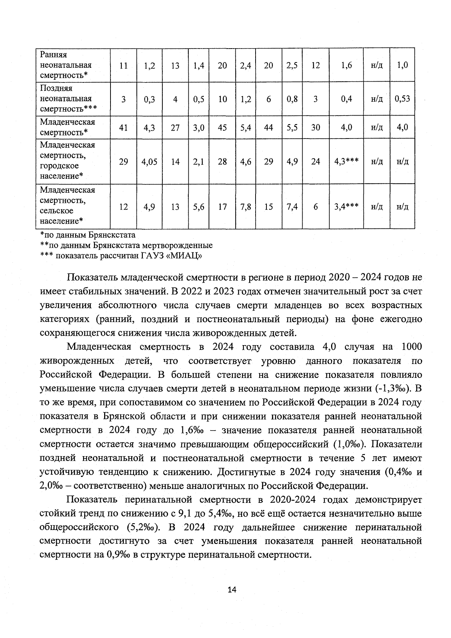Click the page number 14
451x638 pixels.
232,590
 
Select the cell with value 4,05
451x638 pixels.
149,162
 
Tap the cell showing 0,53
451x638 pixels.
402,99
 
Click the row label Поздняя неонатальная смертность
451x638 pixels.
68,99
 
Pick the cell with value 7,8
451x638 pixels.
245,207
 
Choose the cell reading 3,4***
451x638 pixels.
346,207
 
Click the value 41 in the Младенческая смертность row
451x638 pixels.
123,128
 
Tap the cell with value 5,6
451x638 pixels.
198,207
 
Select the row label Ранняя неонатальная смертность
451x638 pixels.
66,65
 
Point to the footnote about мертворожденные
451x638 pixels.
126,246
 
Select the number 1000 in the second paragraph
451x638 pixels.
411,347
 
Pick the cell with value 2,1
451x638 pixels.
198,162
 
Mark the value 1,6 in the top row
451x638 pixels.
346,65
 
